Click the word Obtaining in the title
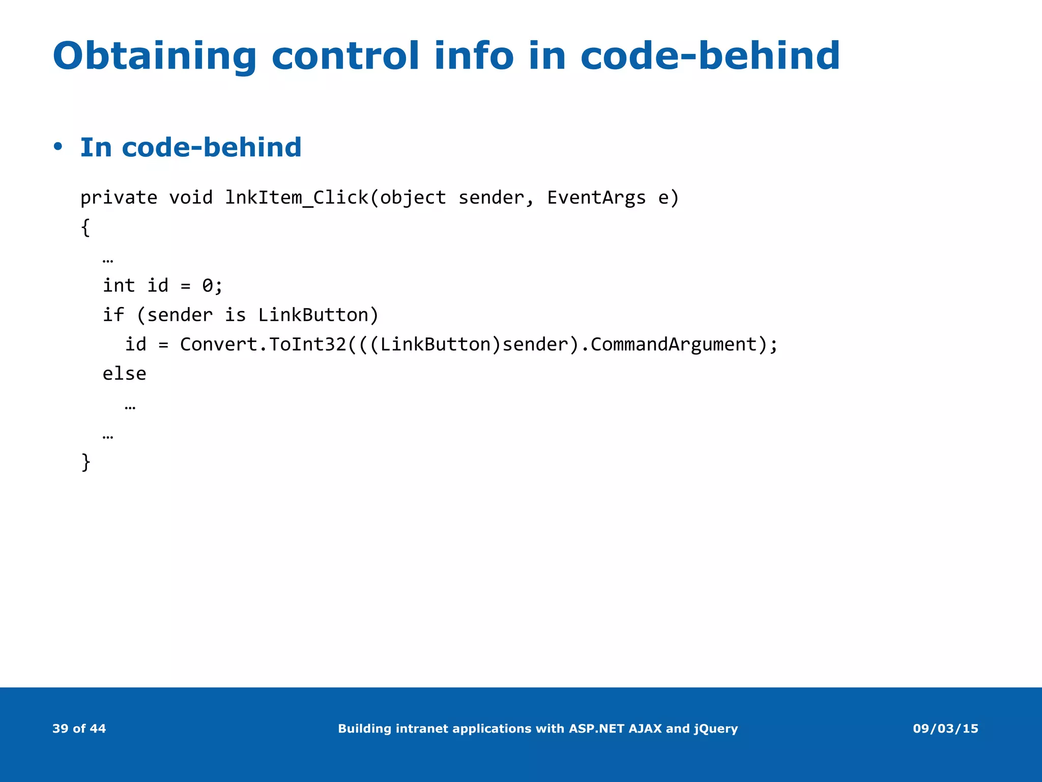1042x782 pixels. click(154, 56)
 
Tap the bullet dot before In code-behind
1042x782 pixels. click(58, 147)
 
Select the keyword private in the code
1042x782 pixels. click(119, 198)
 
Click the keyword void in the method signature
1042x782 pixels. click(191, 198)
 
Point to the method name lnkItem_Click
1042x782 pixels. click(297, 198)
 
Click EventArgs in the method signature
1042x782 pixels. click(596, 198)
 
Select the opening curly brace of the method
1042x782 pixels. click(85, 227)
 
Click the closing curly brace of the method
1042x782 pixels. click(85, 462)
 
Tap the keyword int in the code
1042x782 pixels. click(119, 286)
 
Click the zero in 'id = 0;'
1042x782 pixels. click(208, 286)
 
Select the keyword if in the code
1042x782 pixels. click(113, 315)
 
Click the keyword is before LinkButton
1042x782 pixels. click(235, 315)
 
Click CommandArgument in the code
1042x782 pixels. click(674, 345)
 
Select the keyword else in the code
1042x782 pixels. click(124, 374)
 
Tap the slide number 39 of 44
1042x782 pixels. click(79, 729)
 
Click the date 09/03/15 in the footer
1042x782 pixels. click(945, 729)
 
